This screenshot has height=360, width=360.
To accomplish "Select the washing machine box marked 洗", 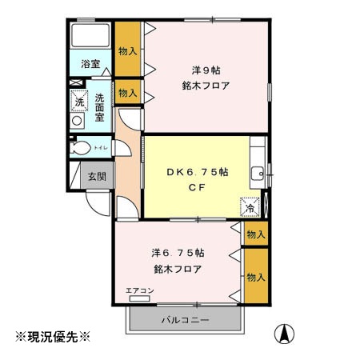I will click(78, 100).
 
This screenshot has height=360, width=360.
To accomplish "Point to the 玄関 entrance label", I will click(97, 176).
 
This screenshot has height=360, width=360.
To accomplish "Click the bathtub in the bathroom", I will click(90, 37).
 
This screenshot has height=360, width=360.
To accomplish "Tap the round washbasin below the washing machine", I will click(78, 121).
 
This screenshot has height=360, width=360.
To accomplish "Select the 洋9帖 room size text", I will click(205, 68).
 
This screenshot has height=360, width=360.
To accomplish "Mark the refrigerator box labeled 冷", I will click(250, 206).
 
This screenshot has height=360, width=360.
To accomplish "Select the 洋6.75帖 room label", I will click(177, 251).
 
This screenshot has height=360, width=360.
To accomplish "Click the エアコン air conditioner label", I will click(140, 290).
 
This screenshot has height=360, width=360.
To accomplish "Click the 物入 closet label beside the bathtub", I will click(127, 50).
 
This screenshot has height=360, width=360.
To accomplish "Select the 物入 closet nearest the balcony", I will click(255, 277).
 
